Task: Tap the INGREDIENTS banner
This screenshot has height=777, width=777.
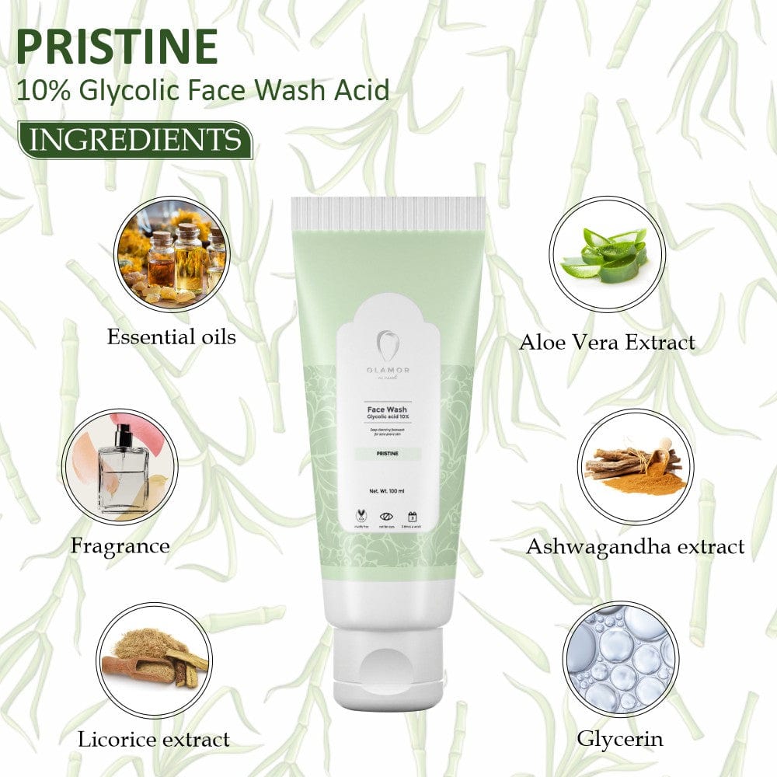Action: tap(134, 141)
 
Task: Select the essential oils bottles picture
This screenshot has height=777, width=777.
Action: tap(172, 253)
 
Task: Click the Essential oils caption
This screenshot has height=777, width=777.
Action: tap(172, 336)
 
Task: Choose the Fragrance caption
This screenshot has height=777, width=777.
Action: tap(120, 545)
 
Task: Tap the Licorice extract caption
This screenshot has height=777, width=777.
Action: tap(154, 739)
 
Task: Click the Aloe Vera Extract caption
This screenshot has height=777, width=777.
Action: tap(607, 342)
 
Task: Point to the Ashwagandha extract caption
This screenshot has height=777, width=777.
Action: tap(635, 546)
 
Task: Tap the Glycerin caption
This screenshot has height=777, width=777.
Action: tap(620, 737)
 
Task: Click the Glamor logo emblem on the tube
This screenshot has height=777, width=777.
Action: tap(388, 343)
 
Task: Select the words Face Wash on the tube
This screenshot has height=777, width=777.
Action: tap(387, 409)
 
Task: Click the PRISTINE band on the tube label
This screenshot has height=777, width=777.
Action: tap(387, 453)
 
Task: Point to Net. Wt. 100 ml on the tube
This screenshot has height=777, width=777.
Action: tap(387, 491)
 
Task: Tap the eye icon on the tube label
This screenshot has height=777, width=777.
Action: tap(387, 515)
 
